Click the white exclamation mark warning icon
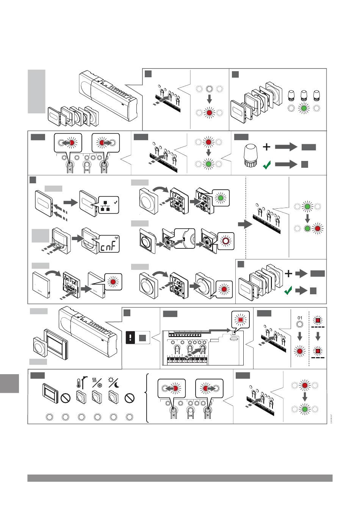click(130, 338)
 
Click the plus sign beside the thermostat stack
click(289, 273)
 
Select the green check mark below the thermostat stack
click(289, 291)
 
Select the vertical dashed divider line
click(247, 216)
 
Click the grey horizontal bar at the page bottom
click(180, 478)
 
